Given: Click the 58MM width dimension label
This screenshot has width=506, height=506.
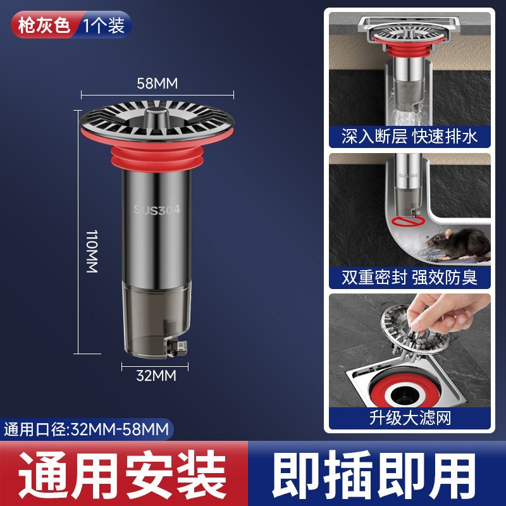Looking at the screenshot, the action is pos(157,83).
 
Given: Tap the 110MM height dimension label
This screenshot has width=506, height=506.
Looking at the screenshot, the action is pos(92,251).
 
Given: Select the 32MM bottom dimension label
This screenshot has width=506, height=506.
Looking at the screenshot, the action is pos(156,376).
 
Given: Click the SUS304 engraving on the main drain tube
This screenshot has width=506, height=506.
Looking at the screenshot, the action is pos(157,209).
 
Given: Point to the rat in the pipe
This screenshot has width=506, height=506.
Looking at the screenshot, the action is pos(457,244).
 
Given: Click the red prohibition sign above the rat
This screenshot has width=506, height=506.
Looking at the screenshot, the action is pos(407,221).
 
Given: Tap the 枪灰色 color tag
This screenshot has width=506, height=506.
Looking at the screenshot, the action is pos(44,25).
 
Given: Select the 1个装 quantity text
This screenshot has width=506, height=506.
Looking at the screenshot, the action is pos(104,25).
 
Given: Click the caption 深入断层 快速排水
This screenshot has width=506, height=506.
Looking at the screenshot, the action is pos(409,136).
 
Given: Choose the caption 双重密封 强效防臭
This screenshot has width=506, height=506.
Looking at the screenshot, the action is pos(409,277).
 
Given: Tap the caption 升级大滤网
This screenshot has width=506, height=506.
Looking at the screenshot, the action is pos(410,418).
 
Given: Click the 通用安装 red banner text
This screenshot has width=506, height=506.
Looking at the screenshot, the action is pos(122,474).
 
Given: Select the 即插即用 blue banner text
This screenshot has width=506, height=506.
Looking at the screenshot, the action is pos(374,474).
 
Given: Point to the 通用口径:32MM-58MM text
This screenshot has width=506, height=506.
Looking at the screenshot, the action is pos(87,429).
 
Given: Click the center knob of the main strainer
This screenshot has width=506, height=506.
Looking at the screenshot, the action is pos(157,117).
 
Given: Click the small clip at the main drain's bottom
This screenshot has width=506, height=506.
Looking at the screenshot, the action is pos(177,349).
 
